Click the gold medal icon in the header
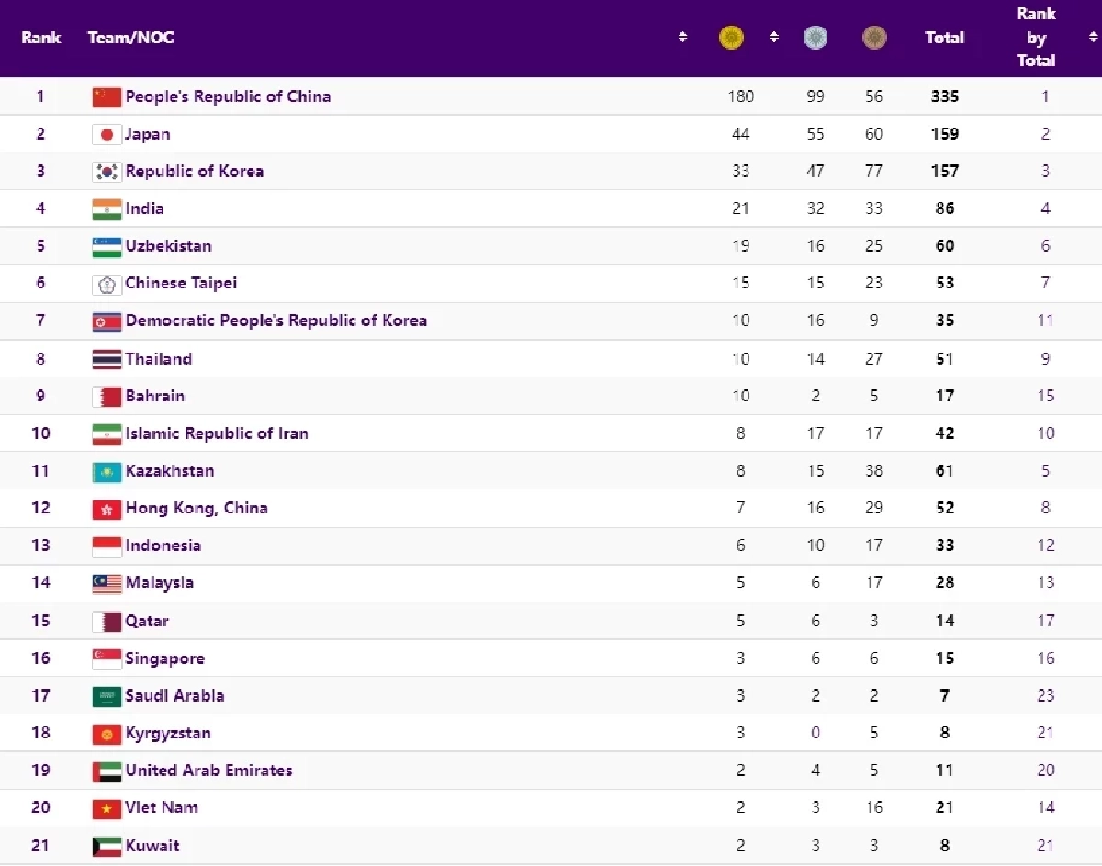pos(731,38)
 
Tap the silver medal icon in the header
pos(815,38)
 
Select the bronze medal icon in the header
pos(874,38)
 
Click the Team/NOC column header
pos(130,38)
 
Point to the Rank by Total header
pos(1036,38)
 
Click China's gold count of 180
pos(740,96)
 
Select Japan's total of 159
pos(944,134)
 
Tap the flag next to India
pos(107,209)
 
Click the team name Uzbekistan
pos(168,246)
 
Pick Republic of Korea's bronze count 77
pos(873,172)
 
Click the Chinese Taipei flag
pos(107,284)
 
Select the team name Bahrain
pos(154,396)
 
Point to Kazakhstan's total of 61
pos(944,471)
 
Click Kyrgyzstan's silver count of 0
pos(815,733)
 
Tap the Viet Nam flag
pos(107,808)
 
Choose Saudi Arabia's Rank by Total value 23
pos(1046,695)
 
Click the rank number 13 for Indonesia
pos(40,545)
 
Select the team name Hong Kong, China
pos(197,508)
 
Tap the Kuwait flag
pos(107,846)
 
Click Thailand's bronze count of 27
pos(873,358)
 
